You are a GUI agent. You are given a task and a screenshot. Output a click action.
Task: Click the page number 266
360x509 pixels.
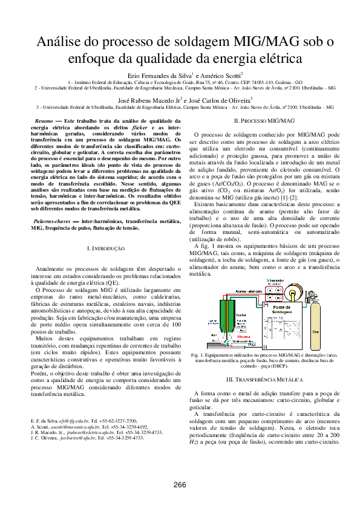click(x=180, y=485)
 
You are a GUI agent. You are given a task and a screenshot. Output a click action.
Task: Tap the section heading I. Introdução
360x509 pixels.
click(x=106, y=248)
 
